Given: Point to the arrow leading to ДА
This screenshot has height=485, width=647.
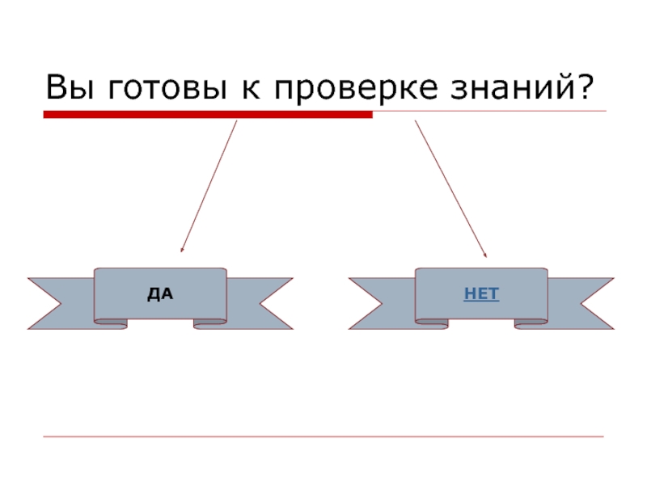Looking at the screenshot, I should pyautogui.click(x=209, y=186).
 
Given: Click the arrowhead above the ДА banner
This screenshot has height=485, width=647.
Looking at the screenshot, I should pyautogui.click(x=182, y=251).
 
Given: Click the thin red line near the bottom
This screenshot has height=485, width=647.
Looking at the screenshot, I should pyautogui.click(x=323, y=436).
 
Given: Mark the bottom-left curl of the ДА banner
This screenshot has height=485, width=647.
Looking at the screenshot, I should pyautogui.click(x=112, y=323).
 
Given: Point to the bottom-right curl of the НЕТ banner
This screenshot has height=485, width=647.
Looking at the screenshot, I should pyautogui.click(x=531, y=323).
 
